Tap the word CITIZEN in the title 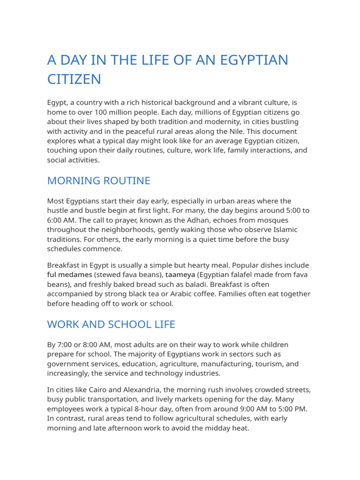click(74, 79)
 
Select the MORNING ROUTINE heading click(98, 180)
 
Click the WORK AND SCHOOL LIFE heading click(111, 324)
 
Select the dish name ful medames click(69, 275)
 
